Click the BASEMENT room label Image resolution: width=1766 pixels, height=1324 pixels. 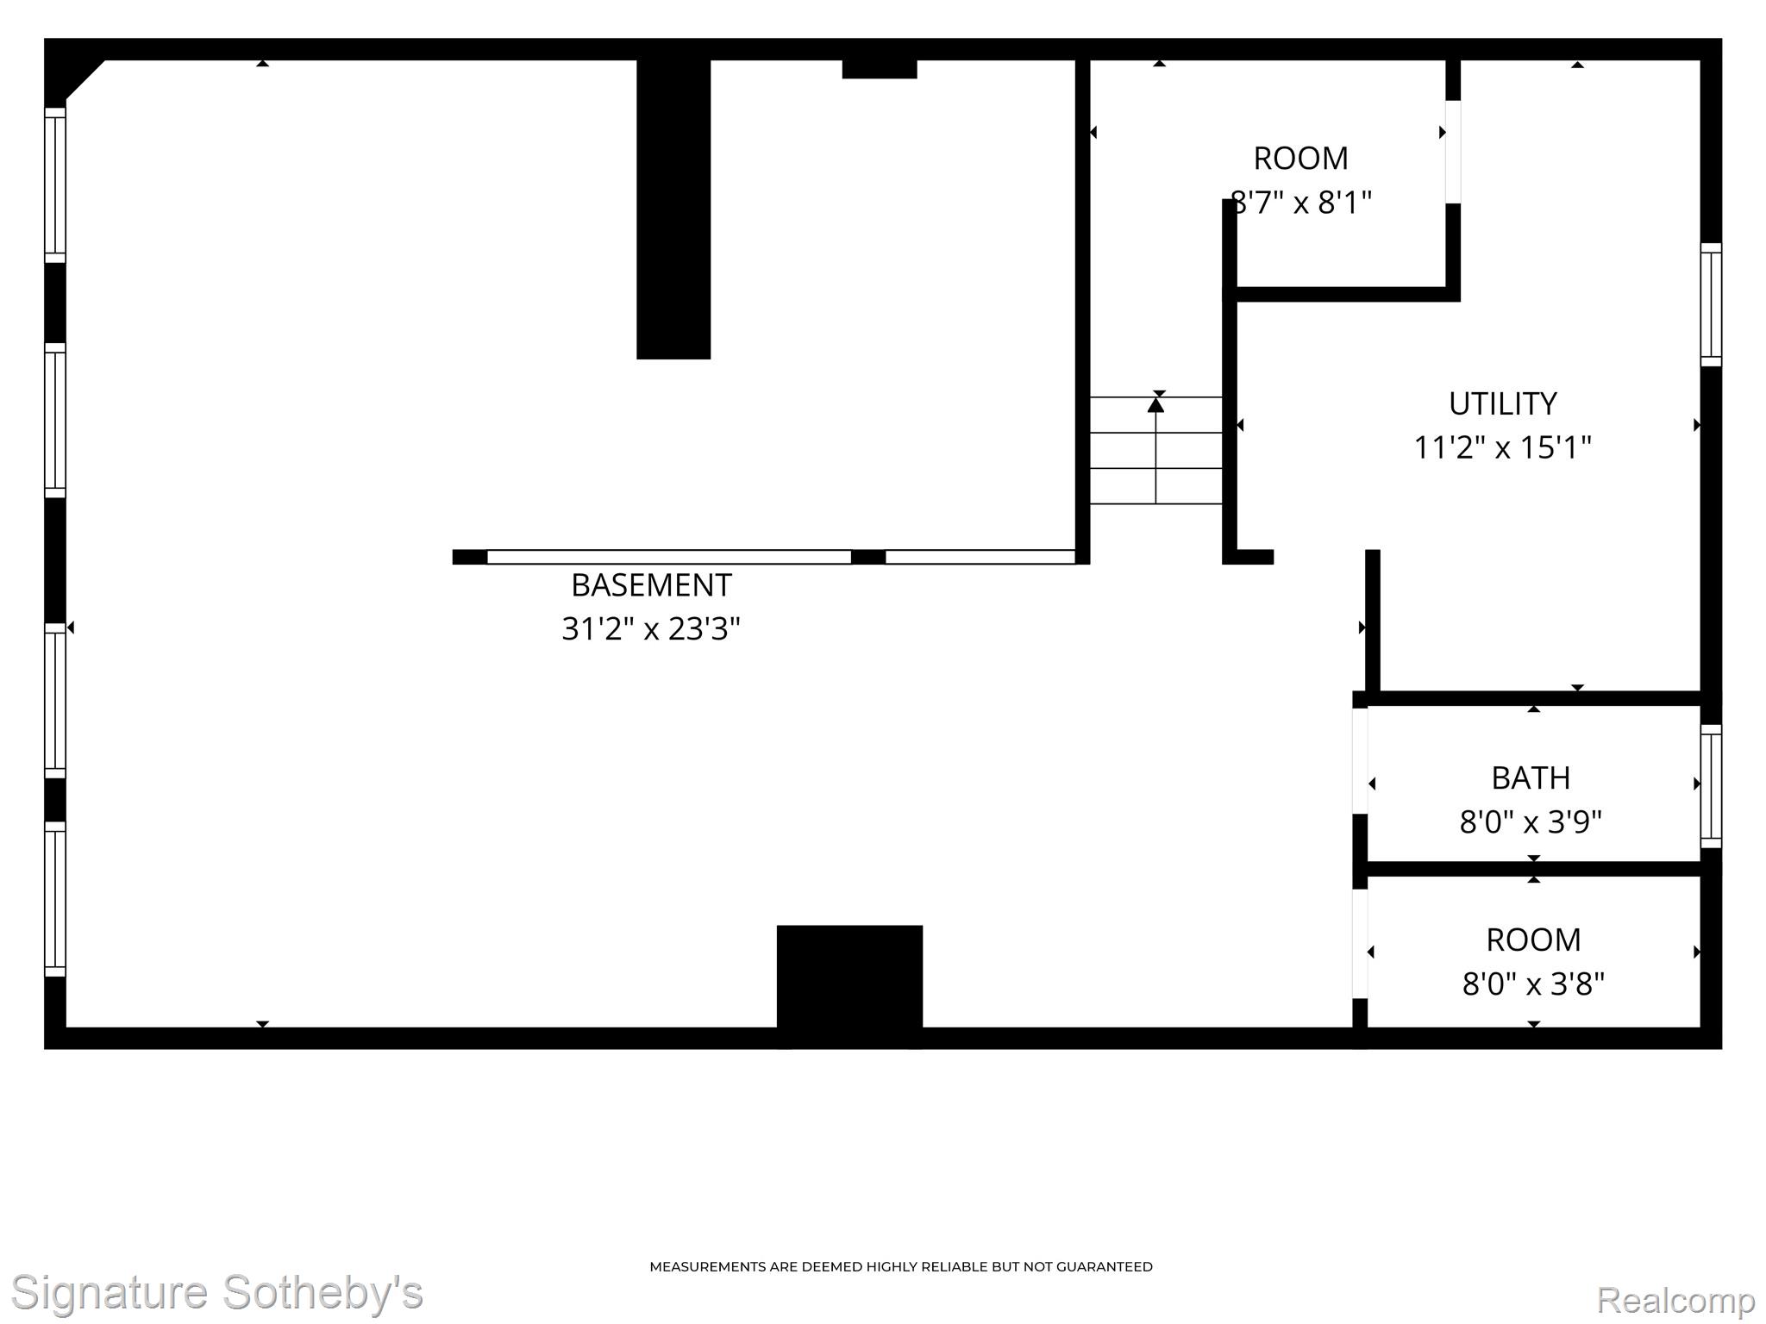point(651,585)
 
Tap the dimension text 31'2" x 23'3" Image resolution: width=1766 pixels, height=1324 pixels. point(651,629)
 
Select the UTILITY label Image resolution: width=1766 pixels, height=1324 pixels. point(1502,403)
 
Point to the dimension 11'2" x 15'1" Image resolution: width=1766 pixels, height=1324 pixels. point(1502,447)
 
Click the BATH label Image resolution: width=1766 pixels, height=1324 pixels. point(1531,778)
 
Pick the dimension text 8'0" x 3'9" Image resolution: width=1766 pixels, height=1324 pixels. point(1531,822)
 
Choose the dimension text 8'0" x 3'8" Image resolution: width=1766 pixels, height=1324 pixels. point(1533,984)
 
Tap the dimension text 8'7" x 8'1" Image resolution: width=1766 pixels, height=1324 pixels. point(1301,203)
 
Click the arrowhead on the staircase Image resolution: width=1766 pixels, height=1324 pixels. point(1156,404)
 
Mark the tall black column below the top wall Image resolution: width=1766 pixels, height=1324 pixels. point(673,209)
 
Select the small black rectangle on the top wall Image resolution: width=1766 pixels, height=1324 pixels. point(880,69)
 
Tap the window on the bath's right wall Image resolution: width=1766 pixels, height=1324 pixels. point(1711,786)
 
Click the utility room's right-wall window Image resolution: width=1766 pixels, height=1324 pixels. point(1711,305)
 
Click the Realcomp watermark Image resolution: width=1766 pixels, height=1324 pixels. point(1675,1300)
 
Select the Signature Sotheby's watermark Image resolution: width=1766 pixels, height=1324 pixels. point(216,1293)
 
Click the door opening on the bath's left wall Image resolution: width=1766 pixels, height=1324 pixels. point(1360,760)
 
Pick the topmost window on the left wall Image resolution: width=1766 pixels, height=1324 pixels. point(55,185)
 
